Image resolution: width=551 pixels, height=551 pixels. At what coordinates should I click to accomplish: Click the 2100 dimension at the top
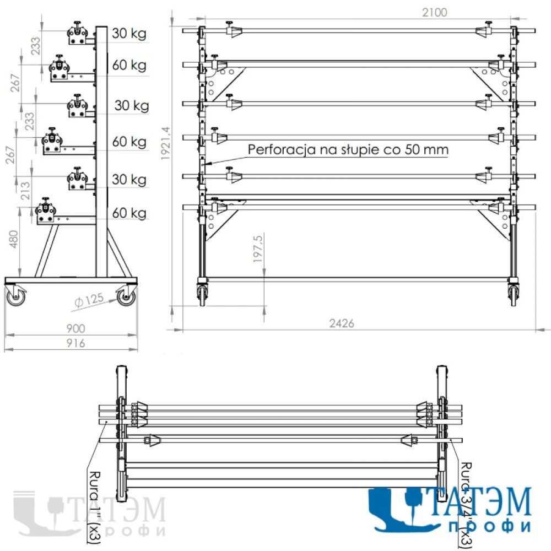(x=434, y=13)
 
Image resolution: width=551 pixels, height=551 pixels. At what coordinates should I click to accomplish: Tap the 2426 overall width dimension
(x=341, y=323)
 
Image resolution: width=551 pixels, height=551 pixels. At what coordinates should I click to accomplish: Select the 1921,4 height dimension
(x=165, y=143)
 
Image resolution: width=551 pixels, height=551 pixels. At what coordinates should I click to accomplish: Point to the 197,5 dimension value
(x=258, y=249)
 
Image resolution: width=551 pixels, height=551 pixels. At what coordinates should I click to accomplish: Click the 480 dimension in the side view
(x=13, y=239)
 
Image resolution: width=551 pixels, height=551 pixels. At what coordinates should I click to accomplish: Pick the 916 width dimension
(x=75, y=343)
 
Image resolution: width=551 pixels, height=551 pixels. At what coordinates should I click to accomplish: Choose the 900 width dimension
(x=75, y=328)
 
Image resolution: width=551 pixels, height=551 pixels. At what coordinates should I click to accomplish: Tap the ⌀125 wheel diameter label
(x=89, y=300)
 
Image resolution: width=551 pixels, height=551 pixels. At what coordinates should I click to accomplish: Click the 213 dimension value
(x=25, y=191)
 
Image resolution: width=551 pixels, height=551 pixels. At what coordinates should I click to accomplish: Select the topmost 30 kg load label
(x=129, y=34)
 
